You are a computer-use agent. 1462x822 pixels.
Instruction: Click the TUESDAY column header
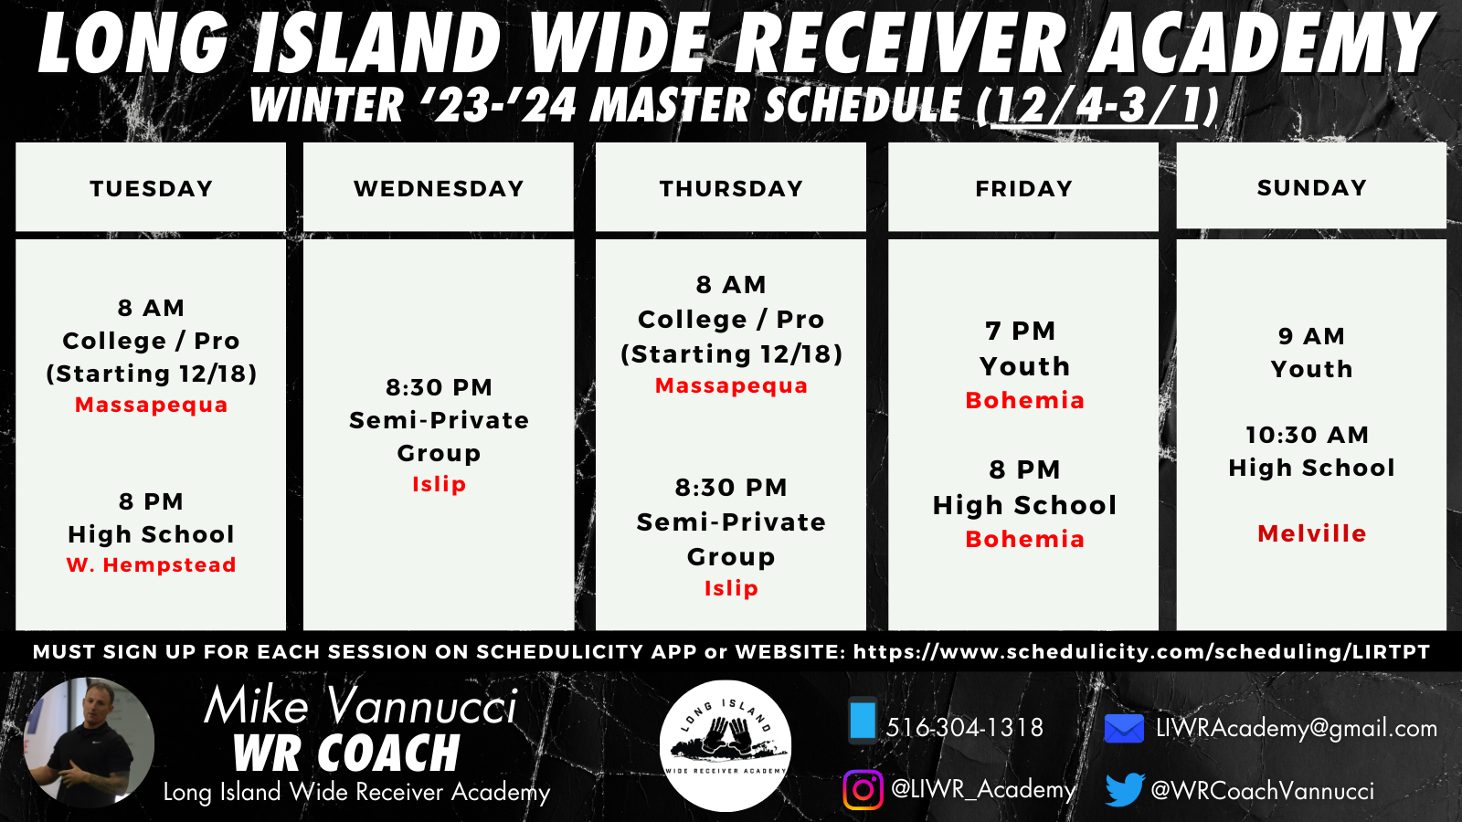pos(151,188)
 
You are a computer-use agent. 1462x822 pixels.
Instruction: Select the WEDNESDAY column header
pos(439,188)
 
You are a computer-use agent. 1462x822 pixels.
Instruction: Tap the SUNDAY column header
pos(1311,187)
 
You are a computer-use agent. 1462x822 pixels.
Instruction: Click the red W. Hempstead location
pos(151,564)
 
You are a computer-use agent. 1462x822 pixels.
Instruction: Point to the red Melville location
pos(1311,533)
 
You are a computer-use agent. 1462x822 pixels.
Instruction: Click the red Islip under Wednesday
pos(439,484)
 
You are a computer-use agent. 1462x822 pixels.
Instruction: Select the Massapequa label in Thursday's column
pos(731,385)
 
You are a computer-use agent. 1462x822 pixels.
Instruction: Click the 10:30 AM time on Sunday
pos(1307,435)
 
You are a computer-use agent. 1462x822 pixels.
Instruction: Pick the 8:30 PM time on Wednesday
pos(439,387)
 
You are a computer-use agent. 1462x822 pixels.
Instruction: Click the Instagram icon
pos(863,789)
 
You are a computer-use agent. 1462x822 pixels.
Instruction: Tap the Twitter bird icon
pos(1125,789)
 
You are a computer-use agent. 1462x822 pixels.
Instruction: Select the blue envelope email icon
pos(1124,728)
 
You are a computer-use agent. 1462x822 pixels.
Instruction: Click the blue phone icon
pos(863,721)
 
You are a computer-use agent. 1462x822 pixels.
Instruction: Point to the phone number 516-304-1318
pos(964,727)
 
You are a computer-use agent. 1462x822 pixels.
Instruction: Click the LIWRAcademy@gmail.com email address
pos(1297,728)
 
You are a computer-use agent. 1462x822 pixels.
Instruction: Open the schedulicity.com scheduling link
pos(1141,652)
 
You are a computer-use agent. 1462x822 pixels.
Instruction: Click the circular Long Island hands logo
pos(726,745)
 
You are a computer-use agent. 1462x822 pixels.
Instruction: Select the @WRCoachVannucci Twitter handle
pos(1262,791)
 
